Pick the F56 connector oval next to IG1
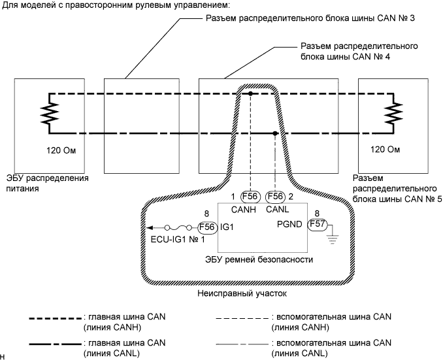tap(207, 227)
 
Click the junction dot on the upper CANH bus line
tap(250, 94)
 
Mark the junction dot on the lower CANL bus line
tap(275, 133)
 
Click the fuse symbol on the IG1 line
tap(181, 227)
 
